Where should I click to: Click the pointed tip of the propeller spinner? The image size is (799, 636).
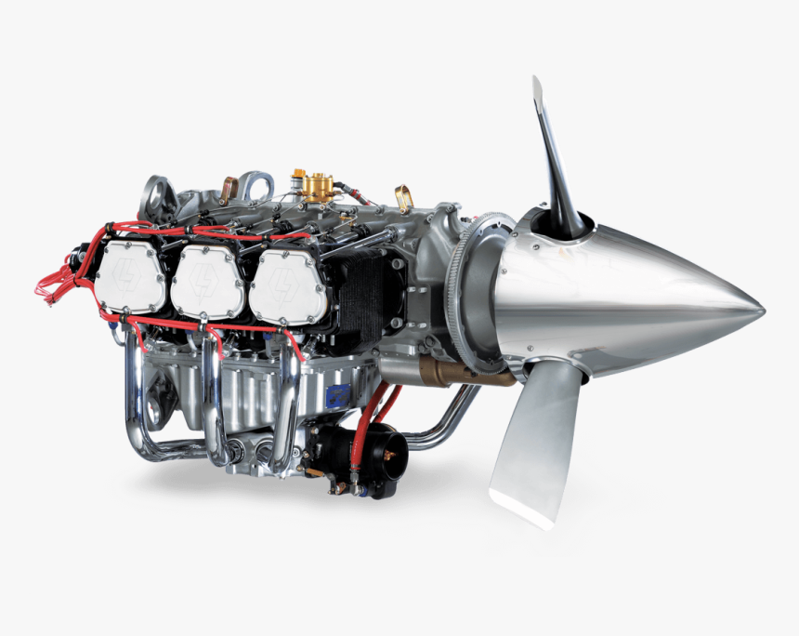click(x=760, y=310)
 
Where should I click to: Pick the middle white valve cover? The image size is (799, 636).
click(x=208, y=282)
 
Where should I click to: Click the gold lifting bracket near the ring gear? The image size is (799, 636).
click(x=403, y=198)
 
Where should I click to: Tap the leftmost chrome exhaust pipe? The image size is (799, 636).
click(x=138, y=400)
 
